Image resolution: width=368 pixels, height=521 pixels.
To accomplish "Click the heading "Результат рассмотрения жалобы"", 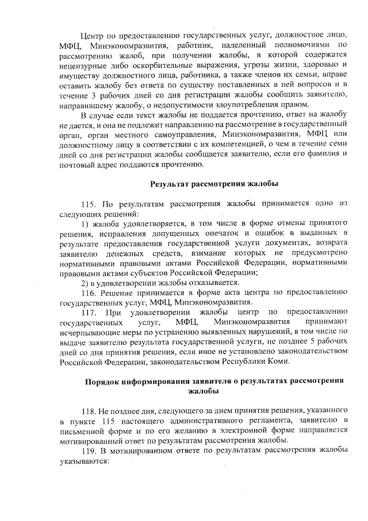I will click(214, 184).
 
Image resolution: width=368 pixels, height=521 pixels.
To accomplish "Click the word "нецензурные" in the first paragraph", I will click(83, 65).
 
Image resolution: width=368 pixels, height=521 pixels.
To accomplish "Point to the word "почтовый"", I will click(76, 165).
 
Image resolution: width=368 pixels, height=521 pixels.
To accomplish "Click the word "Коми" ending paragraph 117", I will click(280, 362).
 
